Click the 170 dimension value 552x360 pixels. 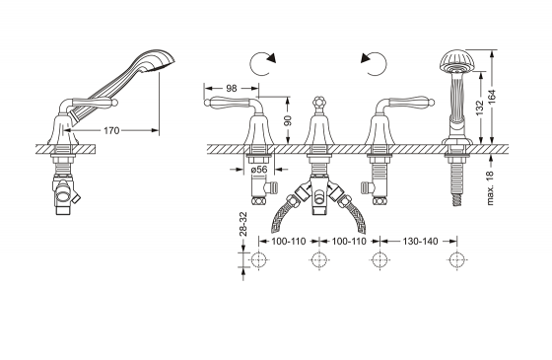111,130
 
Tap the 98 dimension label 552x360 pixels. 232,88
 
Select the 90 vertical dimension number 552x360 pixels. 288,120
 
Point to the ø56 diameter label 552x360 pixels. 259,170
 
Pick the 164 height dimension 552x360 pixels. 492,97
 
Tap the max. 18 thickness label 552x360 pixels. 491,187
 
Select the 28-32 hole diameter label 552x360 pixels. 243,224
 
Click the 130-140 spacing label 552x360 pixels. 420,242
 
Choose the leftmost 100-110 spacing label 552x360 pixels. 289,242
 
